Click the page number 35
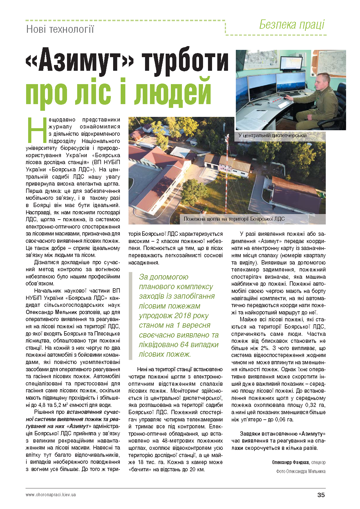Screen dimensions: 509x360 pos(321,495)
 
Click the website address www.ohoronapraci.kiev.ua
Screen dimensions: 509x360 pos(51,494)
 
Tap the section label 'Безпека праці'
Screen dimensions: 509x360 pos(292,25)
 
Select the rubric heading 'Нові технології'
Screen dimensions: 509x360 pos(60,29)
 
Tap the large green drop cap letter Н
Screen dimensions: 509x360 pos(37,131)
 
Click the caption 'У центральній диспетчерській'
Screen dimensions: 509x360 pos(272,135)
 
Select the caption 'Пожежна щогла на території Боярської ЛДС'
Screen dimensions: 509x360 pos(234,219)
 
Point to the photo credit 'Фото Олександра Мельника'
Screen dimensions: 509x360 pos(301,471)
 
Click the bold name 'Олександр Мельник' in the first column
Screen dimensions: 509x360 pos(51,312)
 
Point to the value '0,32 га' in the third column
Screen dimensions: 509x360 pos(316,405)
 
